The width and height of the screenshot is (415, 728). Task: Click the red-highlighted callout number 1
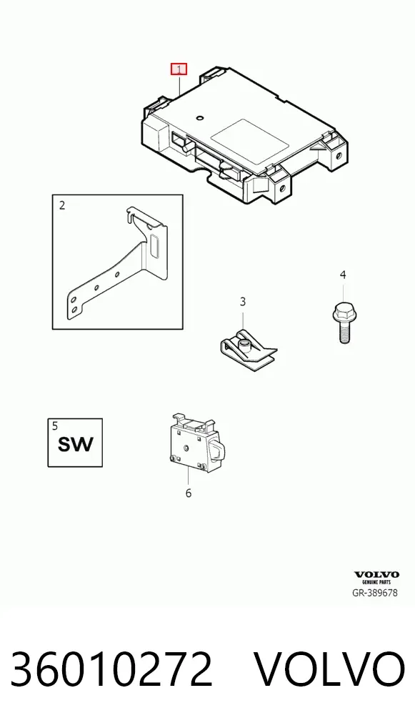(179, 69)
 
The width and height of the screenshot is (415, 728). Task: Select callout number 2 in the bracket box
(62, 205)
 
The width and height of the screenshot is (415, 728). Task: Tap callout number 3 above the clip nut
(243, 302)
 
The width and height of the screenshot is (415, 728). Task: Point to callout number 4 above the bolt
(343, 275)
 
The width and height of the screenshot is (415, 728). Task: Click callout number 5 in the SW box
(55, 426)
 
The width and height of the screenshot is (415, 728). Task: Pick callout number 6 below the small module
(189, 493)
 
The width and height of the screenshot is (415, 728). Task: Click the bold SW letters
(75, 444)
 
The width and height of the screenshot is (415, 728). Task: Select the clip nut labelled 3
(248, 350)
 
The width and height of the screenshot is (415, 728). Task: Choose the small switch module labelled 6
(196, 443)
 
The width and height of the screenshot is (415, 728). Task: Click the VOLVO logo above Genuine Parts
(376, 575)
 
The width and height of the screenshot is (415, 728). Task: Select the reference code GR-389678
(375, 593)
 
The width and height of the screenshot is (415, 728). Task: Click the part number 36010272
(111, 669)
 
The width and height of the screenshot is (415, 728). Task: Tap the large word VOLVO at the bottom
(330, 669)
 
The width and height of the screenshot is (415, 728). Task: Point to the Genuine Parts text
(376, 581)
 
